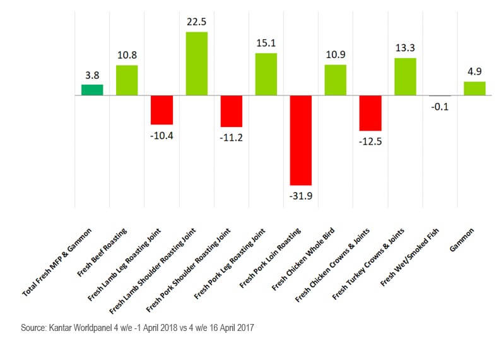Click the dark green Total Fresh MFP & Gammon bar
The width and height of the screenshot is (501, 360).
coord(92,90)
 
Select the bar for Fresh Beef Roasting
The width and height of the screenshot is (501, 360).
coord(127,80)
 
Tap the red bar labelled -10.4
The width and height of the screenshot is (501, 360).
coord(162,110)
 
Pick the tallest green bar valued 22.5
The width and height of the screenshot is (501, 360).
coord(196,63)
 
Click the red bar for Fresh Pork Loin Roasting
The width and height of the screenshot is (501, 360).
coord(300,140)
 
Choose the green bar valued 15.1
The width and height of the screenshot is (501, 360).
coord(266,74)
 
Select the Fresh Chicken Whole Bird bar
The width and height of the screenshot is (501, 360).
coord(335,80)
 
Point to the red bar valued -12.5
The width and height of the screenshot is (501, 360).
coord(370,113)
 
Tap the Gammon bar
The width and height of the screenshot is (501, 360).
coord(474,88)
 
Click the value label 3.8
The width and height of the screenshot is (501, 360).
coord(93,75)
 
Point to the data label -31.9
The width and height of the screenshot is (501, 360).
coord(300,196)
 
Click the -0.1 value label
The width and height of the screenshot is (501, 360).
coord(440,107)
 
